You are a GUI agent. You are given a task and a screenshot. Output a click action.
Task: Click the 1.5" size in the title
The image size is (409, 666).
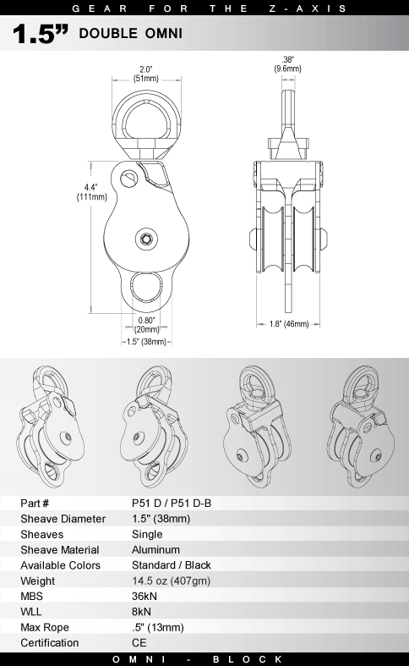pos(41,34)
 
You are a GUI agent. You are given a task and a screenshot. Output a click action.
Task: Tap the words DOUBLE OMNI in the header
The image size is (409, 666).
pos(131,34)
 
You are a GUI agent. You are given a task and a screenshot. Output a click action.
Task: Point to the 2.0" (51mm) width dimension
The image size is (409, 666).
pos(146,74)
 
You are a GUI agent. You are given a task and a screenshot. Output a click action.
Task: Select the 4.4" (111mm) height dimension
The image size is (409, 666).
pos(91,192)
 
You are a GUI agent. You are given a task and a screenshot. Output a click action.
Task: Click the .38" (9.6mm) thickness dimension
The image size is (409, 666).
pos(287,64)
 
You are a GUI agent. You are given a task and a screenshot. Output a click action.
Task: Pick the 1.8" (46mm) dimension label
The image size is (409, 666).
pos(289,324)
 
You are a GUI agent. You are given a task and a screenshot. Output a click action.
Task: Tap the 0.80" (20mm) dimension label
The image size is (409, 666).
pos(146,325)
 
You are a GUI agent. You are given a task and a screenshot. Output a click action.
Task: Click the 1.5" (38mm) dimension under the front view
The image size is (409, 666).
pos(146,342)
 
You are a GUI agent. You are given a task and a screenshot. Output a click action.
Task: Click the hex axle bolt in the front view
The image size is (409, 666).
pos(146,239)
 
